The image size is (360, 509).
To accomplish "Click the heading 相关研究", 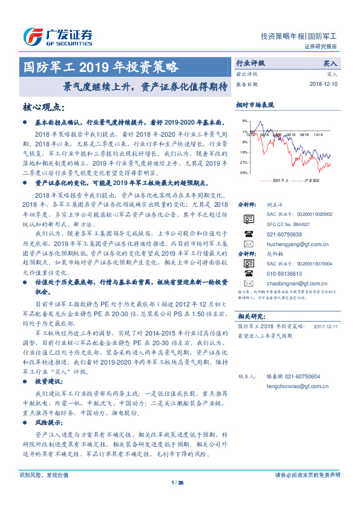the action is (251, 316).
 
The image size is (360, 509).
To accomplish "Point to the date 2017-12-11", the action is (328, 326).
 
